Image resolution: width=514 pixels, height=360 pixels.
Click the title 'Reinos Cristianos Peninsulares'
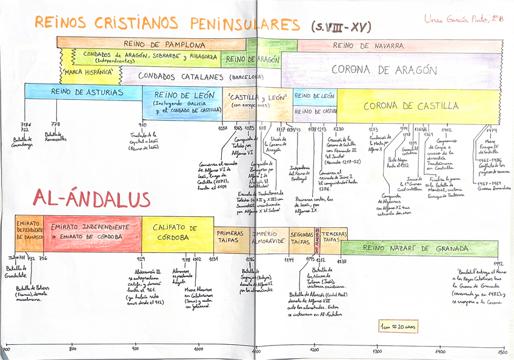(x=167, y=24)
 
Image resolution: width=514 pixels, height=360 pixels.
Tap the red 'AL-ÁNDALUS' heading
(x=92, y=198)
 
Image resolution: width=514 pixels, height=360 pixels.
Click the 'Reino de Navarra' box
(x=368, y=45)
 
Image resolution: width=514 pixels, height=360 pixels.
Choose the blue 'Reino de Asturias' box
(x=83, y=93)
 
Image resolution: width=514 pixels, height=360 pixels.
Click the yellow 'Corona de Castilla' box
(x=411, y=106)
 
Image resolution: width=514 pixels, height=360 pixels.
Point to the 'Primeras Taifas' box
(x=230, y=237)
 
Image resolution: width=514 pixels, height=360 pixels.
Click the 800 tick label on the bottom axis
(x=72, y=349)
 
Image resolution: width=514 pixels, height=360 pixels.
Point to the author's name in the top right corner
(x=464, y=19)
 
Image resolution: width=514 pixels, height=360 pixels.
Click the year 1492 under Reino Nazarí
(x=498, y=264)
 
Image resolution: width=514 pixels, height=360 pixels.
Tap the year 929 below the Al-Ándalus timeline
(x=141, y=259)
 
